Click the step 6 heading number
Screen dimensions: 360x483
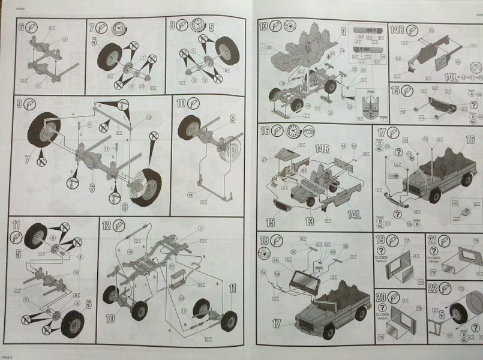(x=21, y=26)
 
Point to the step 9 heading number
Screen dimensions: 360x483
(x=21, y=104)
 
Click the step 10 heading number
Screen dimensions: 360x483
(x=181, y=104)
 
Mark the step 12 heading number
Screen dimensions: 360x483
(x=107, y=226)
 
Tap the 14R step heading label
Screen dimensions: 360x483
(x=397, y=29)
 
